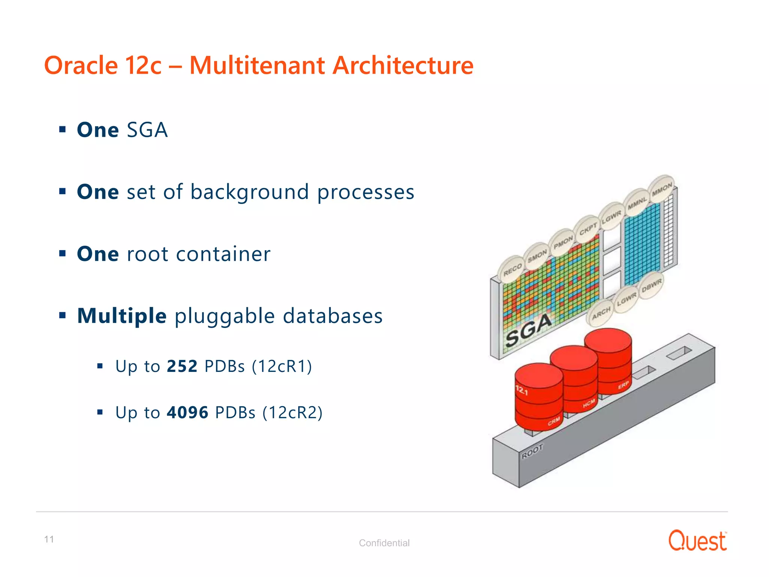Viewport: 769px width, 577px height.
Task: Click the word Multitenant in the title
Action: [x=257, y=66]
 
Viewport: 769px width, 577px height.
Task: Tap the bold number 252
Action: [x=182, y=366]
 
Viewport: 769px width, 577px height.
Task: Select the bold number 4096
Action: [x=187, y=412]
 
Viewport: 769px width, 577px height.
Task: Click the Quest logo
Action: [x=697, y=541]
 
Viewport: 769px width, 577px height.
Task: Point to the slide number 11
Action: [x=49, y=539]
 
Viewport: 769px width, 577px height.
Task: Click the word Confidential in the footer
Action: [x=384, y=543]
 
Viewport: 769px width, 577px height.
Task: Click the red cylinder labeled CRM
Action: [x=539, y=398]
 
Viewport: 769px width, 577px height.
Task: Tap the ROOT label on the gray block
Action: [x=532, y=452]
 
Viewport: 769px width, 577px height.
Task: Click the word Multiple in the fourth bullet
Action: [x=122, y=316]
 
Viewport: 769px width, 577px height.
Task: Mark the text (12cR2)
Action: [x=293, y=412]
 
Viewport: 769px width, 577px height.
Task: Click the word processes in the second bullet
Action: [x=366, y=192]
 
